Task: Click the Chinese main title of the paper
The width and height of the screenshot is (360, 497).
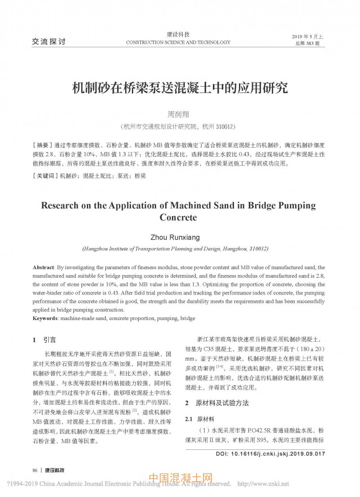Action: [180, 87]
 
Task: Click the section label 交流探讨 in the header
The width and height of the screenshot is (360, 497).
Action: [49, 42]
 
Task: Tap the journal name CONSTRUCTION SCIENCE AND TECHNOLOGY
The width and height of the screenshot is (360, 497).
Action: [178, 42]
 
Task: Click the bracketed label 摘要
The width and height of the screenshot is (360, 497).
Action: [43, 145]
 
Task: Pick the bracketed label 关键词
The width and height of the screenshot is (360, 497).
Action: [45, 176]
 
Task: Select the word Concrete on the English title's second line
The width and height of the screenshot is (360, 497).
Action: [179, 218]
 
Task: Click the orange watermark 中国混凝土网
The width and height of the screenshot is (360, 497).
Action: [180, 478]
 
